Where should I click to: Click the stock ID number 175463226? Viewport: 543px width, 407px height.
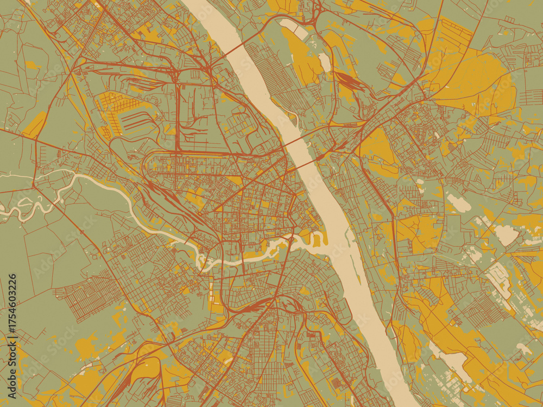point(12,313)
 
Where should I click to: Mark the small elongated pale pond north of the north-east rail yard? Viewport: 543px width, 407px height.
point(325,62)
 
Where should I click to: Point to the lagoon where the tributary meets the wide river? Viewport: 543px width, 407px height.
point(318,239)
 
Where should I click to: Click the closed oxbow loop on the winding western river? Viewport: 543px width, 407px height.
point(24,203)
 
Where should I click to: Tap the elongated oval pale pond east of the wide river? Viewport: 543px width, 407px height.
point(459,203)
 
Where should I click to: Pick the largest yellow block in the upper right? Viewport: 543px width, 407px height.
point(472,81)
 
